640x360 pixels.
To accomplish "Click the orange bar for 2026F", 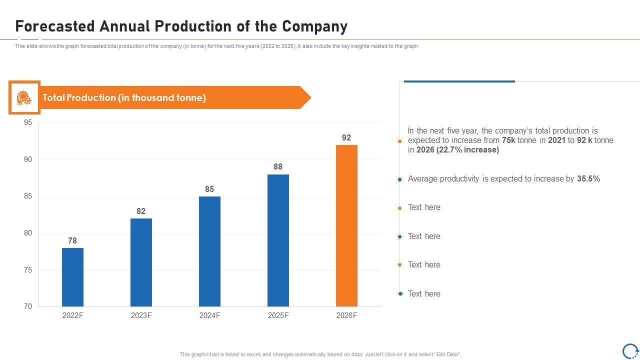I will (346, 225).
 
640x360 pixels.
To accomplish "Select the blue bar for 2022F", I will (72, 277).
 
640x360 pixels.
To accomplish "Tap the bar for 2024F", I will (209, 251).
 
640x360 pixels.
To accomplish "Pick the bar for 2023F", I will (141, 262).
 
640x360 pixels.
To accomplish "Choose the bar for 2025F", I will (278, 240).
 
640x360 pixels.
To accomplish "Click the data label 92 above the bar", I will (346, 137).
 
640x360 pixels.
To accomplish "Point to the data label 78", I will (72, 240).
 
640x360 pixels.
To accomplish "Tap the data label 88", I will (278, 166).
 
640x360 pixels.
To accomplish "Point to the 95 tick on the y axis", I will (28, 122).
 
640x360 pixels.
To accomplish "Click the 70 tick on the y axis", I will (28, 306).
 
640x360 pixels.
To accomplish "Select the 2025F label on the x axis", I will (278, 315).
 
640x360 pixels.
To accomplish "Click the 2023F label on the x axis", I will (141, 315).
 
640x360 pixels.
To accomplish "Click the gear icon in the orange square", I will (24, 97).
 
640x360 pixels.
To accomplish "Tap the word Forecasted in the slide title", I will (56, 26).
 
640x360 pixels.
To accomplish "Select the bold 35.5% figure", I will (588, 178).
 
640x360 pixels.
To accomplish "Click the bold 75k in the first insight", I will (508, 140).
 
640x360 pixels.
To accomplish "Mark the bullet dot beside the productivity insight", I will (399, 179).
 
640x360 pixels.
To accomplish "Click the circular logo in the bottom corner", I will (630, 350).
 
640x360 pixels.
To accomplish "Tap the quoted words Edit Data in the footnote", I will (447, 354).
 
